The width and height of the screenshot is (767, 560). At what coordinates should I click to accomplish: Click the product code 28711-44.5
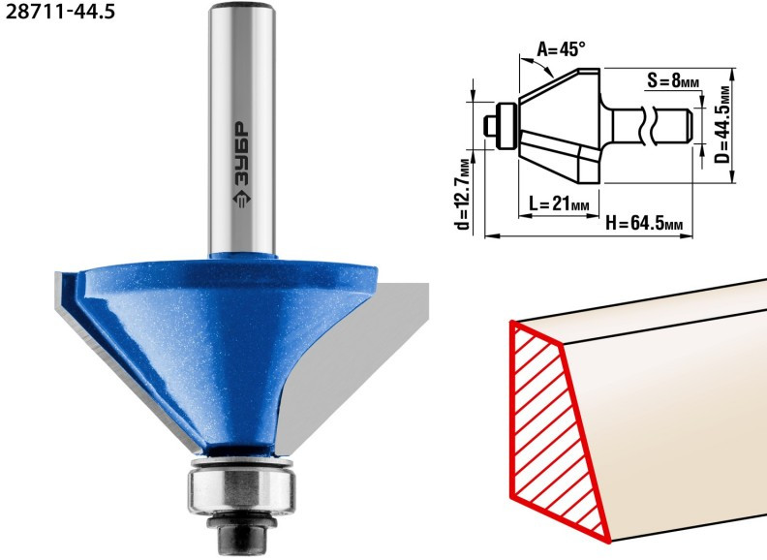pos(60,11)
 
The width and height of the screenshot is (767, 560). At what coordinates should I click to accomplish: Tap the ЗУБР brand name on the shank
pos(240,154)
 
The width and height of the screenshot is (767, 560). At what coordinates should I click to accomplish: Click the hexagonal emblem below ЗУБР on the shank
pos(241,200)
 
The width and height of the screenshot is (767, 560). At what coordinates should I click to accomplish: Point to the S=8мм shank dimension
pos(673,80)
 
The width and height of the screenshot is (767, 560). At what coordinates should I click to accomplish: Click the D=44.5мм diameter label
pos(722,125)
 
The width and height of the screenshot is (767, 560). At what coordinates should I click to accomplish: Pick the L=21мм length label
pos(559,202)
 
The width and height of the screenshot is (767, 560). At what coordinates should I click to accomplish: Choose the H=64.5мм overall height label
pos(644,223)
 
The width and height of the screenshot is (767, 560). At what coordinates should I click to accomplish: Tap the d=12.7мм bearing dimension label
pos(462,194)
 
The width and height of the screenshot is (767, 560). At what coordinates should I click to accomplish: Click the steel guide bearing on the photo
pos(242,489)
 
